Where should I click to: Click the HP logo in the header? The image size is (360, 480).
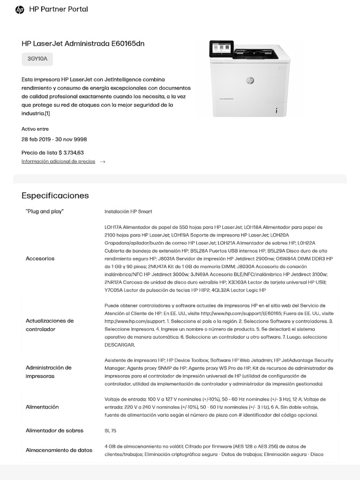[x=20, y=9]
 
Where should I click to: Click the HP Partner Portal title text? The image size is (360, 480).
[x=59, y=9]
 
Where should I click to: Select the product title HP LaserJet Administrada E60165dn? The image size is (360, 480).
[x=83, y=44]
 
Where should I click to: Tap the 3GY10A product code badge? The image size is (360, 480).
[x=37, y=59]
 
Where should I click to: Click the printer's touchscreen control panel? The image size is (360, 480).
[x=221, y=49]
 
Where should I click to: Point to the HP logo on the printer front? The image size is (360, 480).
[x=250, y=81]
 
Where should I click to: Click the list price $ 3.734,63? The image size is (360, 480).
[x=52, y=152]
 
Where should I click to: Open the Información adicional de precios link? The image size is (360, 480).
[x=58, y=161]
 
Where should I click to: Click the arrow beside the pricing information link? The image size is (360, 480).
[x=103, y=162]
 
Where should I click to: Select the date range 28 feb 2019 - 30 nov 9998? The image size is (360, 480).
[x=54, y=139]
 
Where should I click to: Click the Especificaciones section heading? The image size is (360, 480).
[x=55, y=195]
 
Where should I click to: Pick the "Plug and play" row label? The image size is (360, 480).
[x=45, y=211]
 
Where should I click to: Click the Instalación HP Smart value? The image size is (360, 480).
[x=128, y=211]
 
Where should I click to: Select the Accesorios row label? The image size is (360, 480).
[x=40, y=258]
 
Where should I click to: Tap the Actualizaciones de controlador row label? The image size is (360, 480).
[x=50, y=325]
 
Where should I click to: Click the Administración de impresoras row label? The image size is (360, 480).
[x=48, y=372]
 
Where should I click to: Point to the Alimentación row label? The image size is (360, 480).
[x=42, y=407]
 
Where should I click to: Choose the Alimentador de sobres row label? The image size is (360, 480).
[x=54, y=430]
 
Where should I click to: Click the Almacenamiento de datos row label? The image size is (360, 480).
[x=59, y=450]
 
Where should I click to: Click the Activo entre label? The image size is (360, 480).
[x=35, y=129]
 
